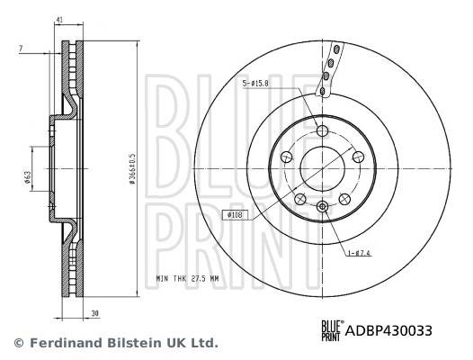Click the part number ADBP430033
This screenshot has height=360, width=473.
click(x=389, y=330)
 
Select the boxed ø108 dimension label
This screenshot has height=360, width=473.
click(x=236, y=215)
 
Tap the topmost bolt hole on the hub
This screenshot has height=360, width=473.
click(x=323, y=131)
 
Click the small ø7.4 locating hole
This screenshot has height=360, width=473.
click(x=323, y=207)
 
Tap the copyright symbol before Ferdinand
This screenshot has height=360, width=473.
click(x=15, y=343)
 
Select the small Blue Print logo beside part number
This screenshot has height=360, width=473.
click(x=333, y=330)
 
